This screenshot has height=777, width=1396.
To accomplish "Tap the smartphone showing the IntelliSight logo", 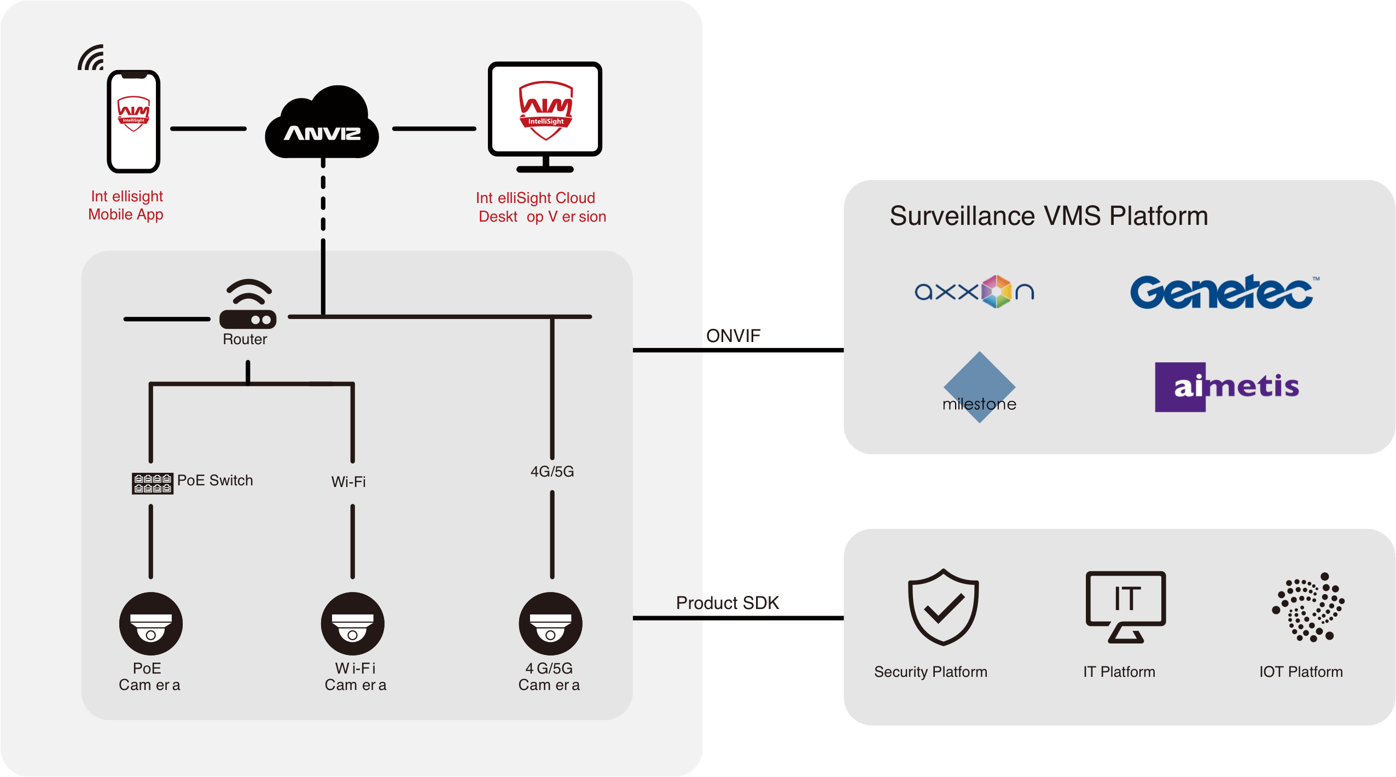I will [x=133, y=121].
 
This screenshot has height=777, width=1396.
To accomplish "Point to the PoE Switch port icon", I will [x=153, y=484].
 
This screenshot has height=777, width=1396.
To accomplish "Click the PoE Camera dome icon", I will [x=151, y=624].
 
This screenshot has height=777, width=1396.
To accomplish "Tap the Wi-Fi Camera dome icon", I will [x=353, y=624].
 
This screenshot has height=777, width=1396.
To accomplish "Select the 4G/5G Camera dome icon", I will [x=551, y=624].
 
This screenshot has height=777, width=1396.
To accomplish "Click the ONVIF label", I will [x=733, y=335].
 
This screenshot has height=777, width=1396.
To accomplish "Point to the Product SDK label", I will [x=728, y=603].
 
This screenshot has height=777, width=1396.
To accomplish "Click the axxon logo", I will [x=974, y=292].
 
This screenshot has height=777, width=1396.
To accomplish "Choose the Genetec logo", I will [x=1223, y=292].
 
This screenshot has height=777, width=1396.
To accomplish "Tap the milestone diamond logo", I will [x=979, y=387].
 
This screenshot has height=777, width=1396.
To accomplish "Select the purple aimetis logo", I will [x=1228, y=387].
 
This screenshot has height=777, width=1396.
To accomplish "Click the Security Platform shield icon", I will [x=943, y=607].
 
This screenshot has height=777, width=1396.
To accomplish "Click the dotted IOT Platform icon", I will [x=1308, y=607].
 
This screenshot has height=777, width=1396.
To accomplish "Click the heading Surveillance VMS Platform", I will [x=1049, y=216].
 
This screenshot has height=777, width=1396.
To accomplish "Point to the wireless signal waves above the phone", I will [x=91, y=58].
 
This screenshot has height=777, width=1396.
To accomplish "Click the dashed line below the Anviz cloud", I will [x=323, y=202].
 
